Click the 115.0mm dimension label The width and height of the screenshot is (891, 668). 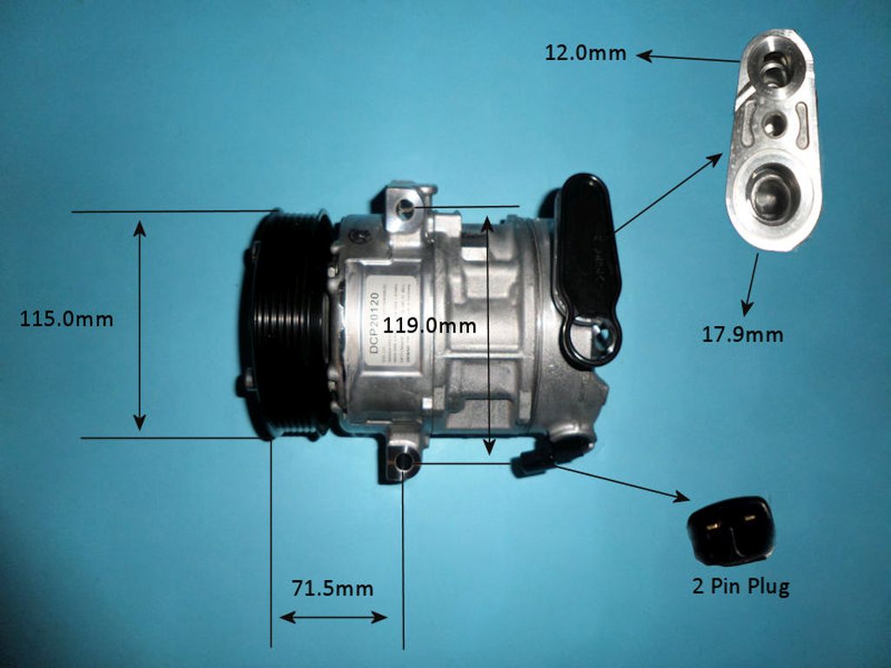pos(66,319)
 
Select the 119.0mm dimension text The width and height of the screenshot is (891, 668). pos(430,326)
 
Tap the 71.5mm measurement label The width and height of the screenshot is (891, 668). pos(332,588)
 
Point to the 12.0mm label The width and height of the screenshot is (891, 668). pos(586,53)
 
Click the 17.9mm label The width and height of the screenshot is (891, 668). pos(742,335)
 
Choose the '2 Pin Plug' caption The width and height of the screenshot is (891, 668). pos(740,586)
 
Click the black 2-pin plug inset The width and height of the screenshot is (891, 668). pos(730,529)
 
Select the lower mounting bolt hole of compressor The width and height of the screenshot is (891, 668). pos(403,462)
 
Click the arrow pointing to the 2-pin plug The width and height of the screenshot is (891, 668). pos(621,483)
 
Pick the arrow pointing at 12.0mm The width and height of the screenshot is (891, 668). pos(687,58)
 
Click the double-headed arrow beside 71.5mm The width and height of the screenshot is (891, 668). pos(332,617)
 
